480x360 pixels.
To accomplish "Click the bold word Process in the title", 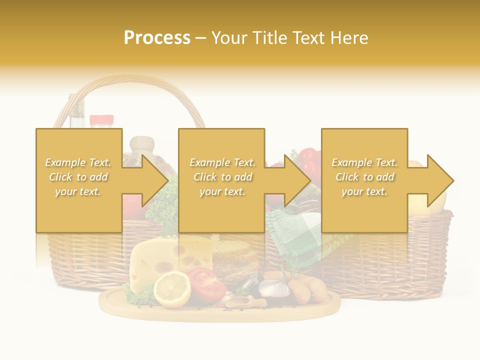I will pyautogui.click(x=157, y=38).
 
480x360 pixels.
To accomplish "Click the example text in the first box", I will pyautogui.click(x=78, y=176).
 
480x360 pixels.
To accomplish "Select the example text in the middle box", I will pyautogui.click(x=222, y=176).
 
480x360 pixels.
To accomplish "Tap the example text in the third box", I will pyautogui.click(x=364, y=176).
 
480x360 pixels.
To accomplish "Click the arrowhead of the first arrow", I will pyautogui.click(x=154, y=180).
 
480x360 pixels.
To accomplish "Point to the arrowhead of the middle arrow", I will pyautogui.click(x=297, y=180).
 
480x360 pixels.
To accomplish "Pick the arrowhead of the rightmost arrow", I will pyautogui.click(x=440, y=180).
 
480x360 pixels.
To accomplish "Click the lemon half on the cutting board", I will pyautogui.click(x=171, y=289).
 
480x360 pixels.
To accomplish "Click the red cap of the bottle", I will pyautogui.click(x=101, y=119).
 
